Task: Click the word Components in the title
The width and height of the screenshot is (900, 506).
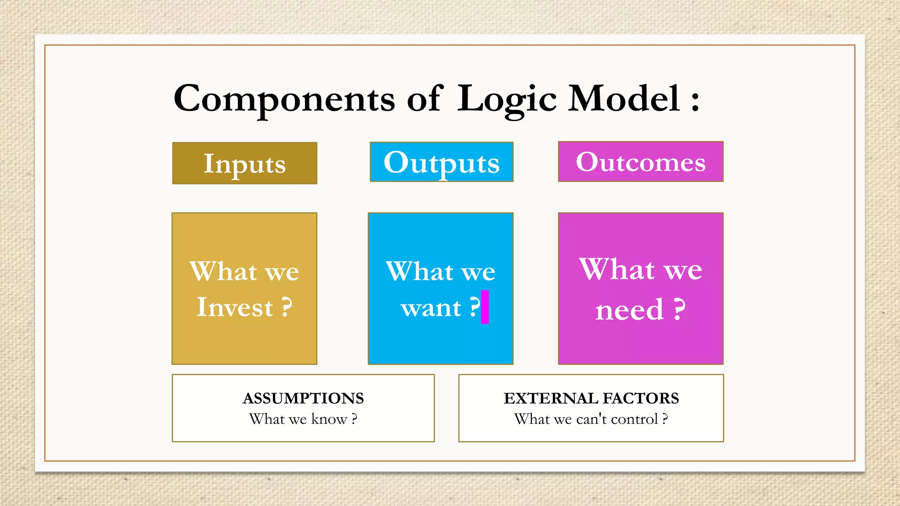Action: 284,99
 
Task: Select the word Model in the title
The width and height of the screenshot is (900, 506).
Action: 624,98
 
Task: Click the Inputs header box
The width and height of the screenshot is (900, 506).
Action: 245,163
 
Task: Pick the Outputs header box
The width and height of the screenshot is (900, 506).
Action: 441,162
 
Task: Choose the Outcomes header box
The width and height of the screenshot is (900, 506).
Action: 640,162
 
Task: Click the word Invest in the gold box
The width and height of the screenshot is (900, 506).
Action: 235,307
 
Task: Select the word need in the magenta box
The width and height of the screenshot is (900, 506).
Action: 629,310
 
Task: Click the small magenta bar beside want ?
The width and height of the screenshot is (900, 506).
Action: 485,307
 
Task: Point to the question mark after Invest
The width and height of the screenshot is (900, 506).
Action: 287,307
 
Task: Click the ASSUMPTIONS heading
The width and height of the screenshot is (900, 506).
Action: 303,398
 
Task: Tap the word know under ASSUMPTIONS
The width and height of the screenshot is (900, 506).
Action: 329,419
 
